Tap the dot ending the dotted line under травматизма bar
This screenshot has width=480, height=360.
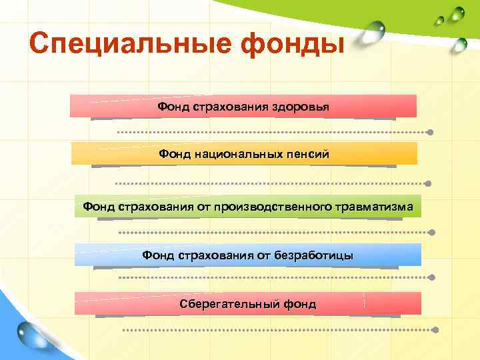click(x=432, y=233)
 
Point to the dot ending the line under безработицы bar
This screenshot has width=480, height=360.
click(x=434, y=277)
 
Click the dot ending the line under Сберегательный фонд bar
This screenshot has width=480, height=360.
click(x=435, y=329)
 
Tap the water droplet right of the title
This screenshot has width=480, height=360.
click(x=377, y=31)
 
